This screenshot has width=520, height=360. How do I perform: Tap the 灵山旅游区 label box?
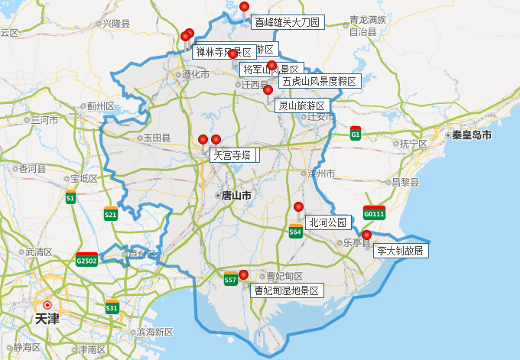(x=301, y=105)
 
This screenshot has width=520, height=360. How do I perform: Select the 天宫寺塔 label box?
(x=231, y=155)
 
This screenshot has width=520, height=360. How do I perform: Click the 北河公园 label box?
(x=327, y=223)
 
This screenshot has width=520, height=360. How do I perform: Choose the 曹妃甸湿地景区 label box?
(x=286, y=291)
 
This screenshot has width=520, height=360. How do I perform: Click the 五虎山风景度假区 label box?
(x=319, y=81)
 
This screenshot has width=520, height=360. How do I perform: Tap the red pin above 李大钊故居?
(x=366, y=235)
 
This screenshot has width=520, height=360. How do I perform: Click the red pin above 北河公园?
(x=299, y=207)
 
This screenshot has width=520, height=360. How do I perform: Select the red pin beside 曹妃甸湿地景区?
(x=243, y=275)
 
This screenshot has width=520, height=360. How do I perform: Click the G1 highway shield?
(x=356, y=134)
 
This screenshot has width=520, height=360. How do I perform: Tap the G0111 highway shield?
(x=375, y=212)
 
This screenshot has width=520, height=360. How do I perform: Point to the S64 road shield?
(x=295, y=231)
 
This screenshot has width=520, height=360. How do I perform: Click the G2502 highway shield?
(x=86, y=260)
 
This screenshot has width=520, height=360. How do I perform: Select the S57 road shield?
(x=230, y=280)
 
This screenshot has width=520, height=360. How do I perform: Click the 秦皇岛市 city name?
(x=471, y=135)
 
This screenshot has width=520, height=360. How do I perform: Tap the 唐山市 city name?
(x=236, y=196)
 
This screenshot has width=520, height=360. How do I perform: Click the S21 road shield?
(x=111, y=214)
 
